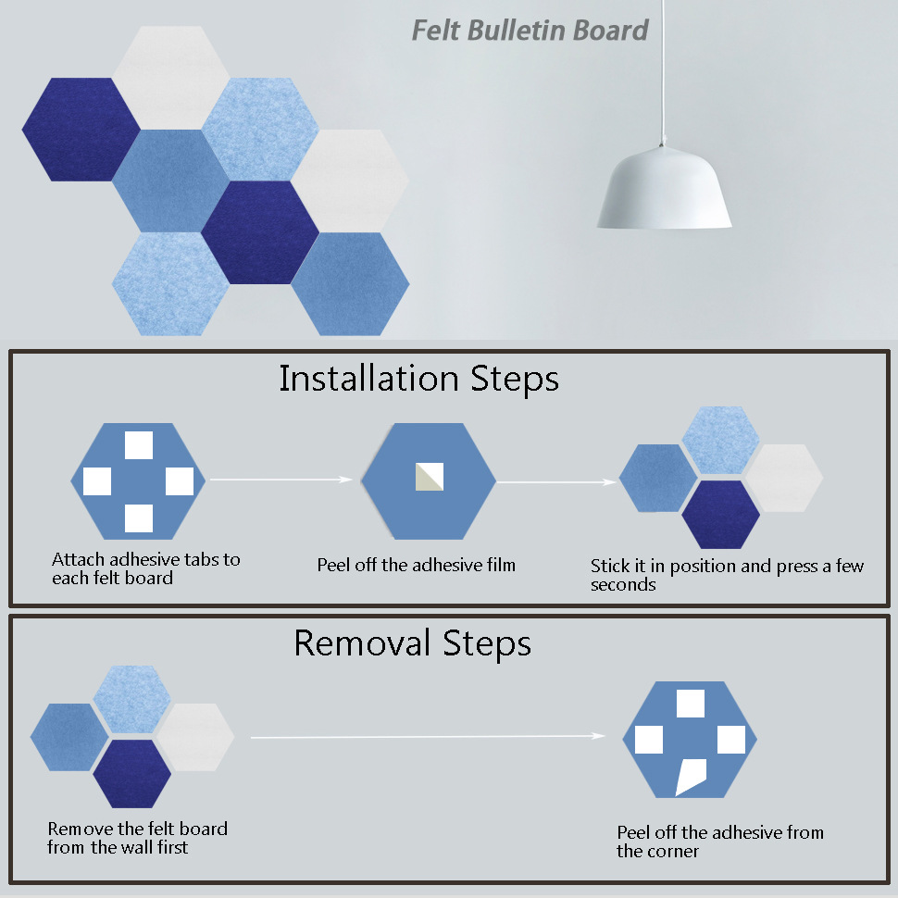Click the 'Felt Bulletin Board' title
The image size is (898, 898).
530,31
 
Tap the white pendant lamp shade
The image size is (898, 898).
665,188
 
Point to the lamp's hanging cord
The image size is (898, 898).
663,71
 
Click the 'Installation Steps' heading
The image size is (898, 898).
418,380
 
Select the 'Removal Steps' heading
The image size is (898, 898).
412,643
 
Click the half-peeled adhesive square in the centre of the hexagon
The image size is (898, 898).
430,477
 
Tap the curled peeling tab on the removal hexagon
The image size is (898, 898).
691,777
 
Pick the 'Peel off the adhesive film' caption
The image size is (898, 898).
417,566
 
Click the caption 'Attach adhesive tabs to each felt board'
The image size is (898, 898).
146,568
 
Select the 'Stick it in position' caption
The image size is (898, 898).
727,575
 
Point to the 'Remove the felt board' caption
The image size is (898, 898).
137,837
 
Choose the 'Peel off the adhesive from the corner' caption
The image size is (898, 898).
720,842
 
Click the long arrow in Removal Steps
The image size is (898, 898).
428,737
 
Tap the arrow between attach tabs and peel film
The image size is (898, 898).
281,480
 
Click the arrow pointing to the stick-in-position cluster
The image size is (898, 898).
556,482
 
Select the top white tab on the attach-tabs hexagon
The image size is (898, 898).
139,445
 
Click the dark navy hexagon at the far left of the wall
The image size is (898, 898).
81,130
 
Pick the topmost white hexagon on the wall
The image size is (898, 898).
170,78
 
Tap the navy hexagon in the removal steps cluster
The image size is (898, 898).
131,774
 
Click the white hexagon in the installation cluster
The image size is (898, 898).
784,478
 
